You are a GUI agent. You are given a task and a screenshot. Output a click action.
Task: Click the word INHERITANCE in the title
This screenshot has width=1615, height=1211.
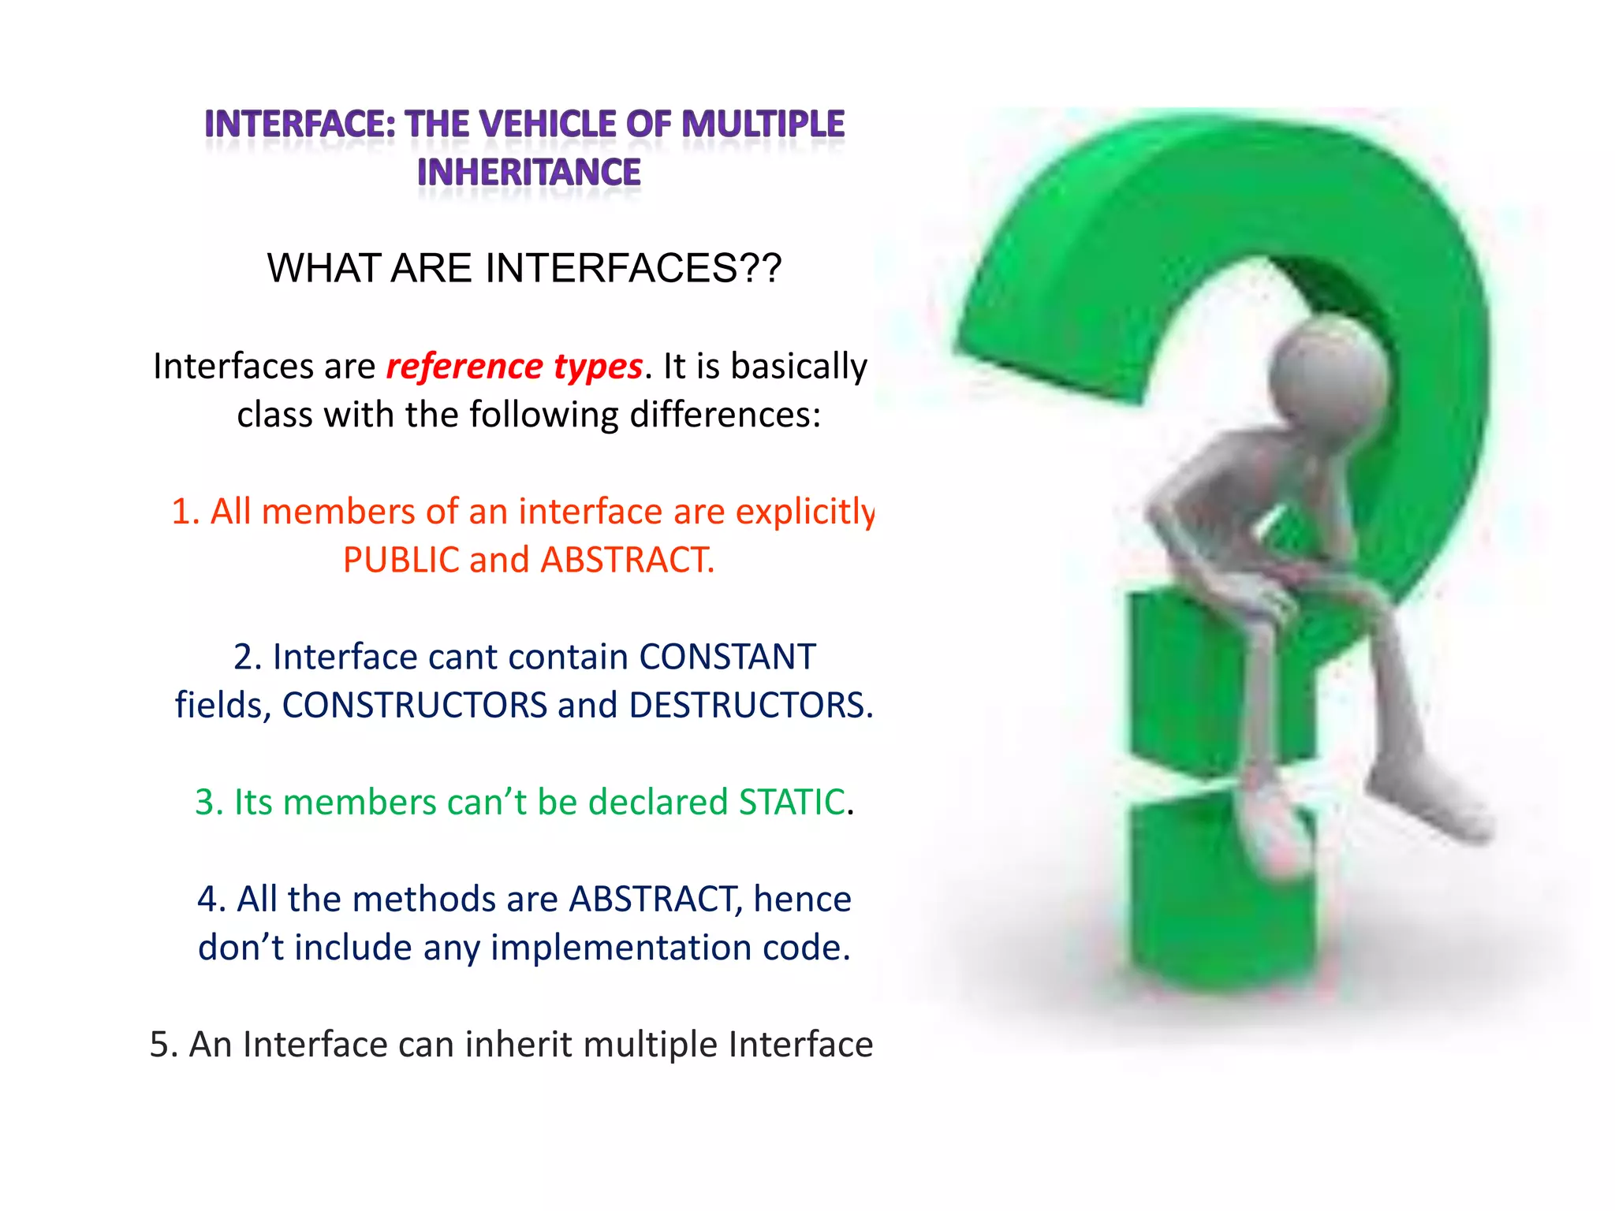tap(528, 173)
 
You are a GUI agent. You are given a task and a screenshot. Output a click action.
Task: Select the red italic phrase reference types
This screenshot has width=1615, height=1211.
tap(514, 367)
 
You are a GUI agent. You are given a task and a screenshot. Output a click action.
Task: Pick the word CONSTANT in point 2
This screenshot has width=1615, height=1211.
tap(726, 657)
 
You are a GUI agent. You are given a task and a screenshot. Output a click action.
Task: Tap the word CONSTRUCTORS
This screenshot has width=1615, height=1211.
tap(415, 705)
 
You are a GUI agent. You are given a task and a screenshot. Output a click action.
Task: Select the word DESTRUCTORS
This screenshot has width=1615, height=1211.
tap(750, 705)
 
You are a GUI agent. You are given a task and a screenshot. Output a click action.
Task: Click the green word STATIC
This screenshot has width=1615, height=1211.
tap(791, 802)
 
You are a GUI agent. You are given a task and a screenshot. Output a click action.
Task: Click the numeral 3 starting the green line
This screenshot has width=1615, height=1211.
tap(204, 802)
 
